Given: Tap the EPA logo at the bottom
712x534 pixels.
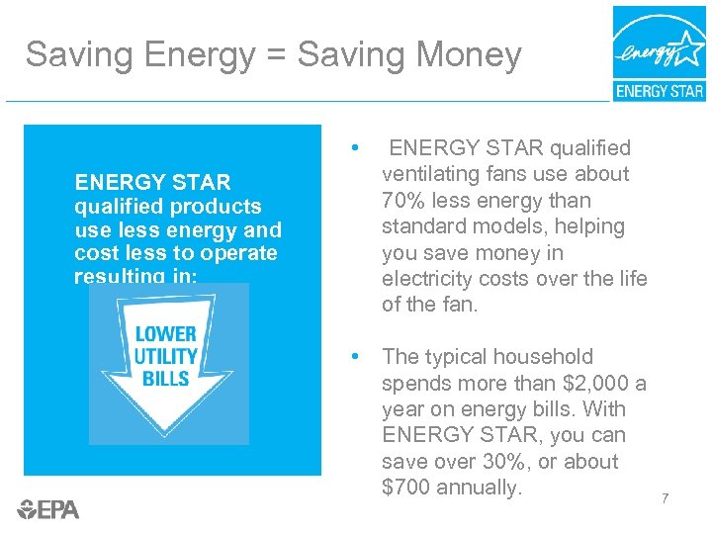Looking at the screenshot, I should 48,509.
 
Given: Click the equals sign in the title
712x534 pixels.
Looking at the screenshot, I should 276,55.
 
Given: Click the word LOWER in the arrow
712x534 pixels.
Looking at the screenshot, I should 166,334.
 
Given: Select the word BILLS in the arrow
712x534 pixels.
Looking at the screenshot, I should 166,378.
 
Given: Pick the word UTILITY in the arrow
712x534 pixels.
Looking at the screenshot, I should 166,356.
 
